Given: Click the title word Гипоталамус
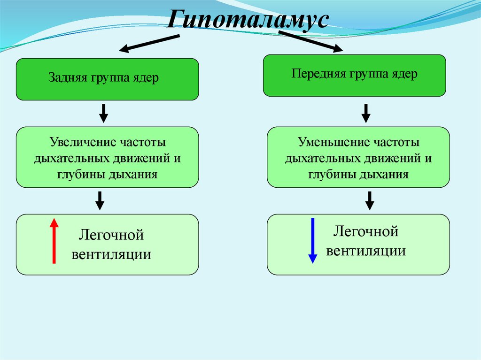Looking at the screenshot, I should tap(248, 20).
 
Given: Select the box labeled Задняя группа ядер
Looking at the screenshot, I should tap(107, 79).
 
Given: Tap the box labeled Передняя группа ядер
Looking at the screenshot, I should tap(354, 76).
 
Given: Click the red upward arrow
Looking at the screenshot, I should tap(54, 240).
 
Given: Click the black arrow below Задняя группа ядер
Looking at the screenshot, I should tap(104, 113).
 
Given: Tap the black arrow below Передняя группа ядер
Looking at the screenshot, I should tap(366, 113).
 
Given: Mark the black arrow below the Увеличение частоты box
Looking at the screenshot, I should tap(100, 200).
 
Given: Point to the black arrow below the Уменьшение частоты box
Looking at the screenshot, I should tap(370, 200).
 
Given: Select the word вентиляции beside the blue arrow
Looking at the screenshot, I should tap(366, 251).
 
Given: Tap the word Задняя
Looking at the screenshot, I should tap(65, 78).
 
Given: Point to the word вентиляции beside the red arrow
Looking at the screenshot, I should tap(111, 254).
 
